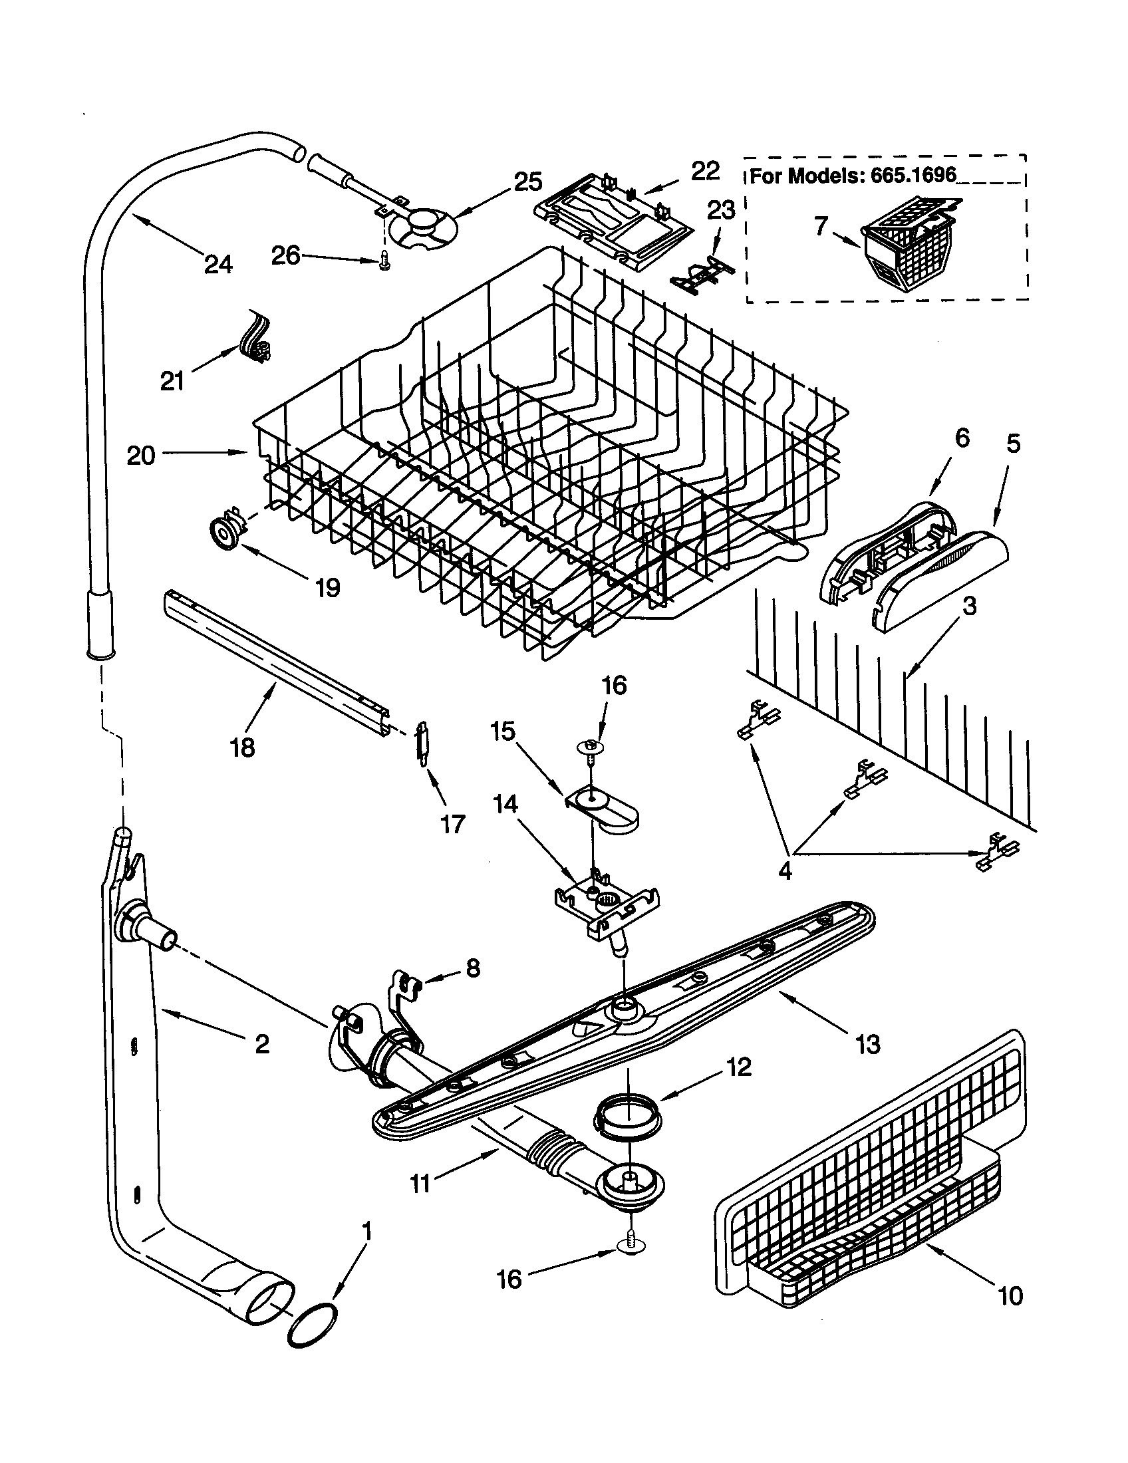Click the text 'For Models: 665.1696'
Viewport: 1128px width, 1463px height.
coord(853,176)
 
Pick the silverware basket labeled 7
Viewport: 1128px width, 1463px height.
coord(911,253)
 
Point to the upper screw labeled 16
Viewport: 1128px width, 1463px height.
coord(590,749)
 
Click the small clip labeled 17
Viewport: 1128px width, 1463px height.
coord(422,741)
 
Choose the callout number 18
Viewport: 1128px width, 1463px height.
coord(243,746)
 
